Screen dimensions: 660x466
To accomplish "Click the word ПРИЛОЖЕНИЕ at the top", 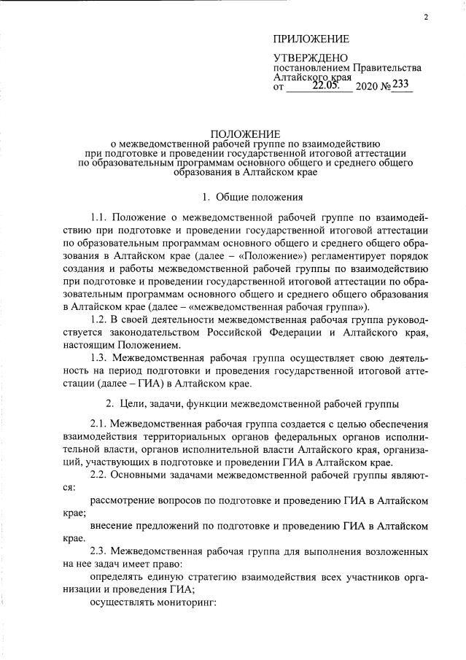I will tap(311, 39).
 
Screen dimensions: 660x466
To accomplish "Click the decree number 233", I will tap(402, 85).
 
